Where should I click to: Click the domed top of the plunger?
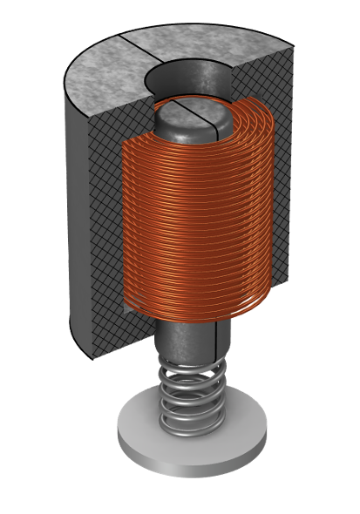tap(187, 118)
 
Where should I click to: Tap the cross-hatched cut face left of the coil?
tap(105, 174)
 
